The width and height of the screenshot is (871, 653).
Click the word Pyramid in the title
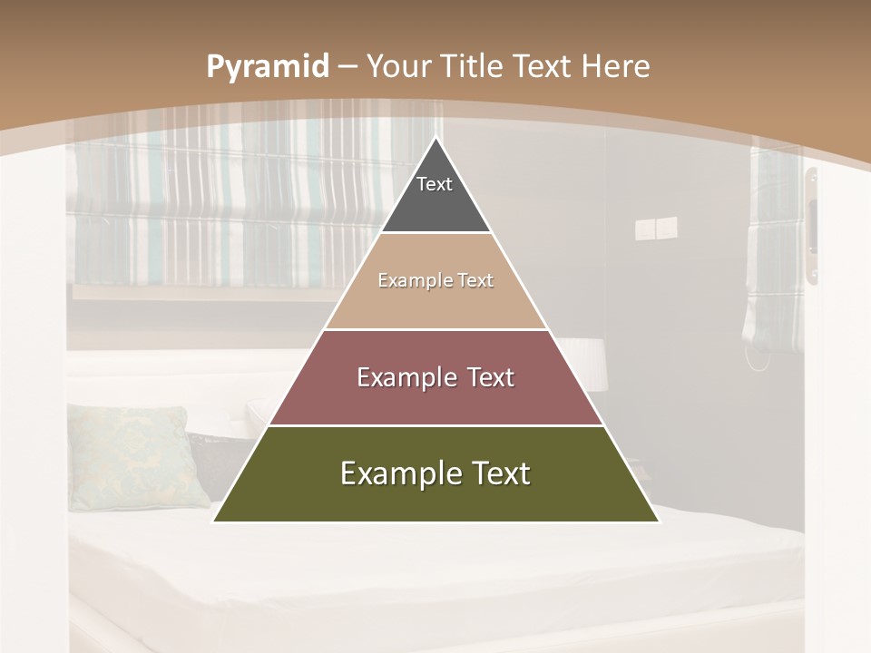(267, 67)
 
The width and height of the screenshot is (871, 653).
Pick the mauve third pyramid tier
(435, 399)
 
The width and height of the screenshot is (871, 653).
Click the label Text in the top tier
(435, 184)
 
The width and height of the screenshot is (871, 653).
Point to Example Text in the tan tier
(435, 280)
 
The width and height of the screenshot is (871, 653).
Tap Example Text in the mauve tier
(435, 377)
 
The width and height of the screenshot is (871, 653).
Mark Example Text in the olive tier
(435, 473)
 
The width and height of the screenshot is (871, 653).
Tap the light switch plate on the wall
(656, 228)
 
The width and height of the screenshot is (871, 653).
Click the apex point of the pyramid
(436, 139)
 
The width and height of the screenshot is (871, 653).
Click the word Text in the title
(543, 67)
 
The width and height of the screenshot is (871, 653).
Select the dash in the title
(347, 67)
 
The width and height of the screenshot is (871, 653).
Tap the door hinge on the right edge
(812, 227)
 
